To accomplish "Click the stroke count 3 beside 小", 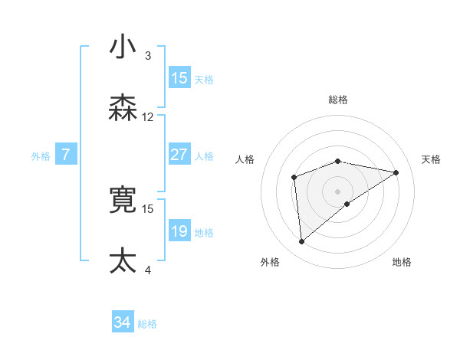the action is click(x=148, y=55).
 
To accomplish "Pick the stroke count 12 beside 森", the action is click(x=148, y=117).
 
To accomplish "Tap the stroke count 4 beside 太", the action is click(x=148, y=270).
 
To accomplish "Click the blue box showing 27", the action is click(x=179, y=155).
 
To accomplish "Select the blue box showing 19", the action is click(x=179, y=231).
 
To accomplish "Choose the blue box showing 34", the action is click(x=122, y=323).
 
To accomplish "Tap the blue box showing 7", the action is click(x=66, y=155).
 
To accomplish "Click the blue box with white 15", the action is click(x=179, y=78).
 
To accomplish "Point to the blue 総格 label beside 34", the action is click(x=147, y=324).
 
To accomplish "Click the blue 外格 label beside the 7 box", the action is click(x=41, y=156).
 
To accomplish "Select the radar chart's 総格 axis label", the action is click(x=338, y=100).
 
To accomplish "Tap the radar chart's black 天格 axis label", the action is click(x=431, y=159).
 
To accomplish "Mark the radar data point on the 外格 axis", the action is click(x=302, y=242).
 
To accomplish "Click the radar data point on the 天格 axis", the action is click(x=396, y=172).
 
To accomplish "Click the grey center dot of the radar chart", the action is click(x=338, y=191).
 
